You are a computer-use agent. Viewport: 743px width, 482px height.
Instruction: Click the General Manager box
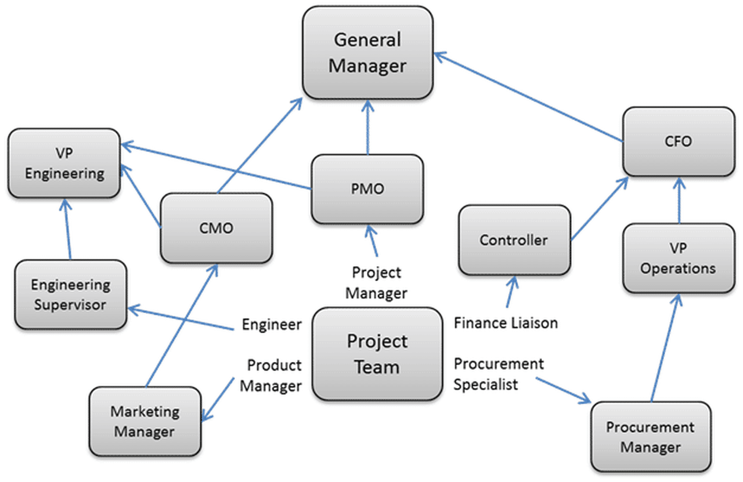(367, 53)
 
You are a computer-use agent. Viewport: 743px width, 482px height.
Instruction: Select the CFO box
(679, 141)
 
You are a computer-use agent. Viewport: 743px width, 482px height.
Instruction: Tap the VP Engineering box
(64, 163)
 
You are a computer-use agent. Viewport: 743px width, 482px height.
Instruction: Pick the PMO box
(367, 189)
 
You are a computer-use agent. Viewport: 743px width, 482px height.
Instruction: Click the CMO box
(216, 228)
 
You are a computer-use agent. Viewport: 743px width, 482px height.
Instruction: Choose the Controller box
(514, 240)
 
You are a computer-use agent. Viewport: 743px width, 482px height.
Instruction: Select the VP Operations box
(678, 258)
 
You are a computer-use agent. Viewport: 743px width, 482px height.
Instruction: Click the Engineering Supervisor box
(70, 295)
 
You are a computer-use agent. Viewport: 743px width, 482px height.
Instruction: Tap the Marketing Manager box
(145, 422)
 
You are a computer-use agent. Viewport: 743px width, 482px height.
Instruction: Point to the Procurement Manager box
(650, 437)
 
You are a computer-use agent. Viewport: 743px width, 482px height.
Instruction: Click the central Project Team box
(377, 354)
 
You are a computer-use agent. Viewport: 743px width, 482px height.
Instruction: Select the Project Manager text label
(376, 282)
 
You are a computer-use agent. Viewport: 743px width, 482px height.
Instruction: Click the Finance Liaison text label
(505, 322)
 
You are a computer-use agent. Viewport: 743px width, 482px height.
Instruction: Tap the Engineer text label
(272, 325)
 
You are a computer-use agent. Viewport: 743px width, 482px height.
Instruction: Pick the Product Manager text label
(272, 375)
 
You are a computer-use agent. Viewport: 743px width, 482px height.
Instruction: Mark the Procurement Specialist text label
(498, 374)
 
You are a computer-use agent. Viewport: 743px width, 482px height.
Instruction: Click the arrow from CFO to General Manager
(528, 96)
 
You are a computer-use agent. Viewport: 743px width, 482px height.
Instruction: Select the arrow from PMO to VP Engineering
(215, 165)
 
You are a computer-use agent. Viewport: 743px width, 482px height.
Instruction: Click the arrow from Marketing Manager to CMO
(181, 324)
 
